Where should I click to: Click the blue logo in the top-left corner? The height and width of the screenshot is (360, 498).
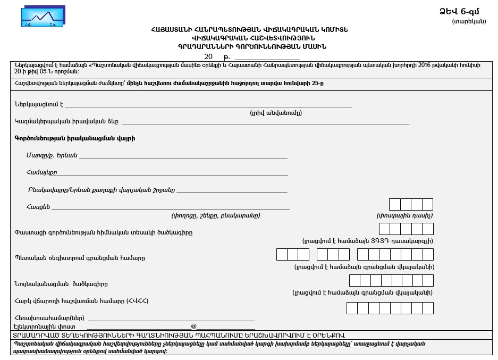tap(43, 16)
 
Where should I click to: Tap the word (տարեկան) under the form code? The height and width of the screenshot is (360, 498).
tap(469, 21)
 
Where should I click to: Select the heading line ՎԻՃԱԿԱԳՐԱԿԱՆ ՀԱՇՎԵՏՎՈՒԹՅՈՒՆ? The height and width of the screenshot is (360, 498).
tap(254, 38)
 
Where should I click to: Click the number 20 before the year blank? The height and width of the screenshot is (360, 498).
tap(208, 56)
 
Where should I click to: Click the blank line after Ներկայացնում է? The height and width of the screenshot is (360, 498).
tap(207, 106)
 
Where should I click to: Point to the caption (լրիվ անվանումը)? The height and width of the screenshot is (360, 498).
tap(276, 113)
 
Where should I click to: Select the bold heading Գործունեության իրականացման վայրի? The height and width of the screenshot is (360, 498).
tap(74, 138)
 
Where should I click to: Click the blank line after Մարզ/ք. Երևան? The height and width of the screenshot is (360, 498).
tap(183, 157)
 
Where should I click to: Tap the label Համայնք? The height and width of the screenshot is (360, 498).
tap(41, 172)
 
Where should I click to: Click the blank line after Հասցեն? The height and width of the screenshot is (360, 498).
tap(170, 209)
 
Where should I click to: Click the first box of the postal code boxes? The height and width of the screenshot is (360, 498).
tap(395, 205)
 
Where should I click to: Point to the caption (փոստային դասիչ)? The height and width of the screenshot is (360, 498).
tap(404, 216)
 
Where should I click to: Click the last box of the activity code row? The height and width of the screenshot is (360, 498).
tap(428, 229)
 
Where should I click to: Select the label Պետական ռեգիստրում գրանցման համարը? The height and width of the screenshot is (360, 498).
tap(80, 258)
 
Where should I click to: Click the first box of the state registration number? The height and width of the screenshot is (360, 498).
tap(282, 254)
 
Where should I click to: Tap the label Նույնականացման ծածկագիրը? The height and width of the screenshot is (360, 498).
tap(61, 284)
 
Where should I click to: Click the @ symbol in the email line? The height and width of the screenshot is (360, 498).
tap(194, 326)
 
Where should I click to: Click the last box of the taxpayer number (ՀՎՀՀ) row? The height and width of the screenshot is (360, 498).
tap(428, 308)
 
